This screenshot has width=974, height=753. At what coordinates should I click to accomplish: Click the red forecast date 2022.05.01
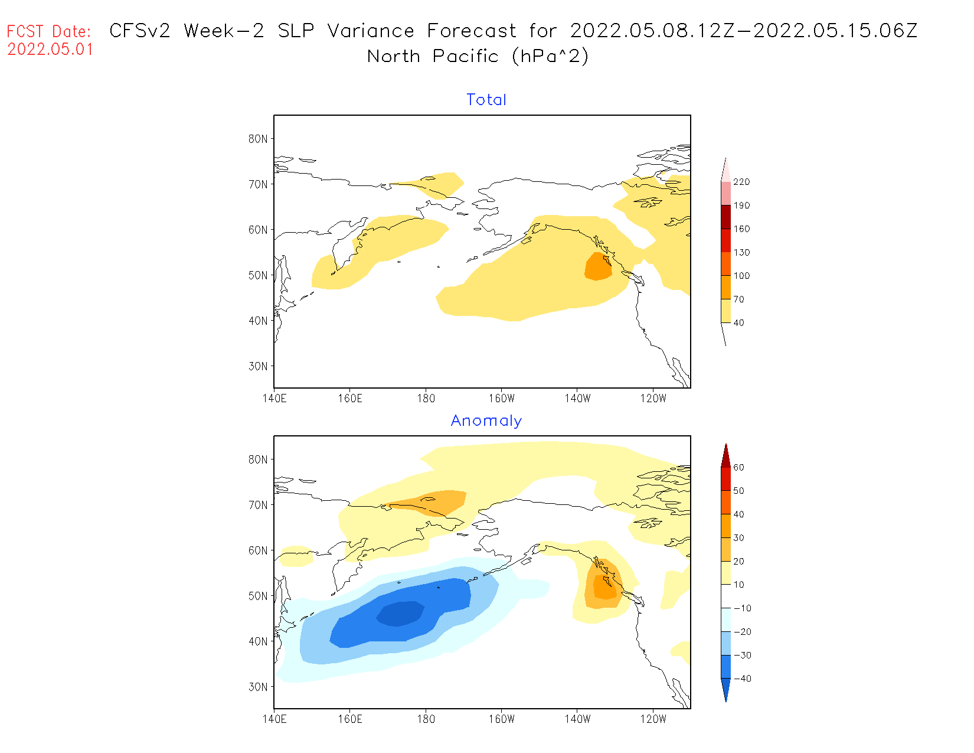click(x=50, y=50)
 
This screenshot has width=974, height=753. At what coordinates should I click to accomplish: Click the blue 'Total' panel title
click(x=486, y=100)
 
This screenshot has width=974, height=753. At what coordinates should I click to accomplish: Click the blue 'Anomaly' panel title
click(x=486, y=420)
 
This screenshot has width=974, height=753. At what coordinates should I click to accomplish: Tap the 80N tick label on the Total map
click(x=258, y=139)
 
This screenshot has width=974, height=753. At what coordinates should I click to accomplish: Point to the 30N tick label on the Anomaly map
click(x=258, y=687)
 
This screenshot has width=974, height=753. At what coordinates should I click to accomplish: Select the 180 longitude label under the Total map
click(x=426, y=399)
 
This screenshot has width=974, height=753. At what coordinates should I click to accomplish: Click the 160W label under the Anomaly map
click(x=501, y=719)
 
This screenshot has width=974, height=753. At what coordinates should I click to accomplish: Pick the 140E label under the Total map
click(x=274, y=399)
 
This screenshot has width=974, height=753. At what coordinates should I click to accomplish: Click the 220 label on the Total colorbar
click(x=741, y=182)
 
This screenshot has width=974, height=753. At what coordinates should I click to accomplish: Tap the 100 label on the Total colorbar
click(x=741, y=276)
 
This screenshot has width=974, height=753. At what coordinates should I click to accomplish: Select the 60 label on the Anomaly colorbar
click(x=738, y=467)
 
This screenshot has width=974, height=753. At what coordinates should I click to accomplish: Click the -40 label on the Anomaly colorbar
click(x=742, y=679)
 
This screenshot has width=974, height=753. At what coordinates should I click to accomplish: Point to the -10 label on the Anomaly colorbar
click(x=742, y=608)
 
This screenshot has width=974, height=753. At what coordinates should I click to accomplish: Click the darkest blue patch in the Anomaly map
click(x=401, y=614)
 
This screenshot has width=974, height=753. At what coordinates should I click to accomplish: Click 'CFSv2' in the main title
click(x=140, y=31)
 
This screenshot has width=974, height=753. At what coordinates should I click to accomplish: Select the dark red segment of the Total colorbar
click(x=725, y=217)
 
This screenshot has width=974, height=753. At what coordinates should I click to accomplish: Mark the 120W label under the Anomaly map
click(x=653, y=719)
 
